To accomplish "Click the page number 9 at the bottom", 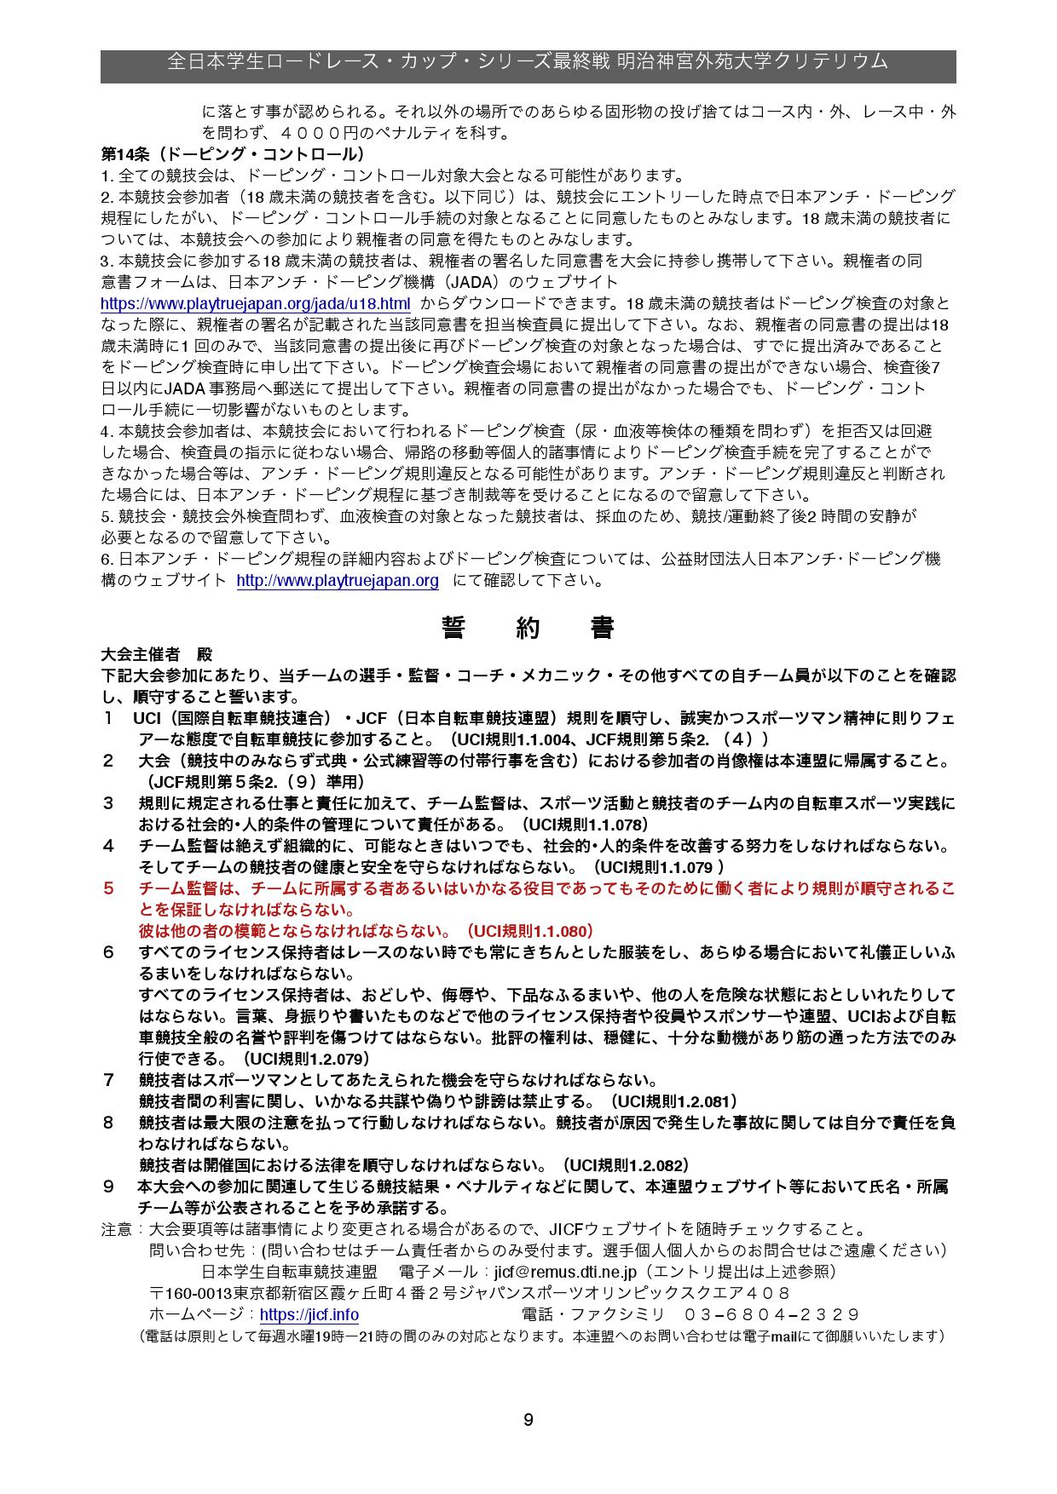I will point(528,1419).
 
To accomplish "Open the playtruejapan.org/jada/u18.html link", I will point(255,304).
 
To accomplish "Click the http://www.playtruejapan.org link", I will point(337,581).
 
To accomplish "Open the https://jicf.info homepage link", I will point(309,1314).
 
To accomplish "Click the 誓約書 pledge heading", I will point(528,628).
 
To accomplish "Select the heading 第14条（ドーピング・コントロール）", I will point(233,154).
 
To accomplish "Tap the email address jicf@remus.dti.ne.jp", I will point(565,1272).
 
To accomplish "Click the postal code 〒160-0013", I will point(191,1293).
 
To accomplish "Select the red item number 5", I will point(108,888).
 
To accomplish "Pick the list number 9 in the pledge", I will point(108,1187).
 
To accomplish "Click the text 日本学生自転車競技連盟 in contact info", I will point(290,1272).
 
